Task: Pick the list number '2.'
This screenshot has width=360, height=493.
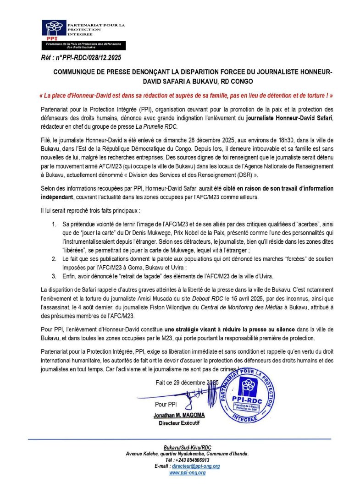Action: click(54, 259)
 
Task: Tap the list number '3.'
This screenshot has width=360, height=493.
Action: click(54, 276)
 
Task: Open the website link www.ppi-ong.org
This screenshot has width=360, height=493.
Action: click(187, 472)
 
